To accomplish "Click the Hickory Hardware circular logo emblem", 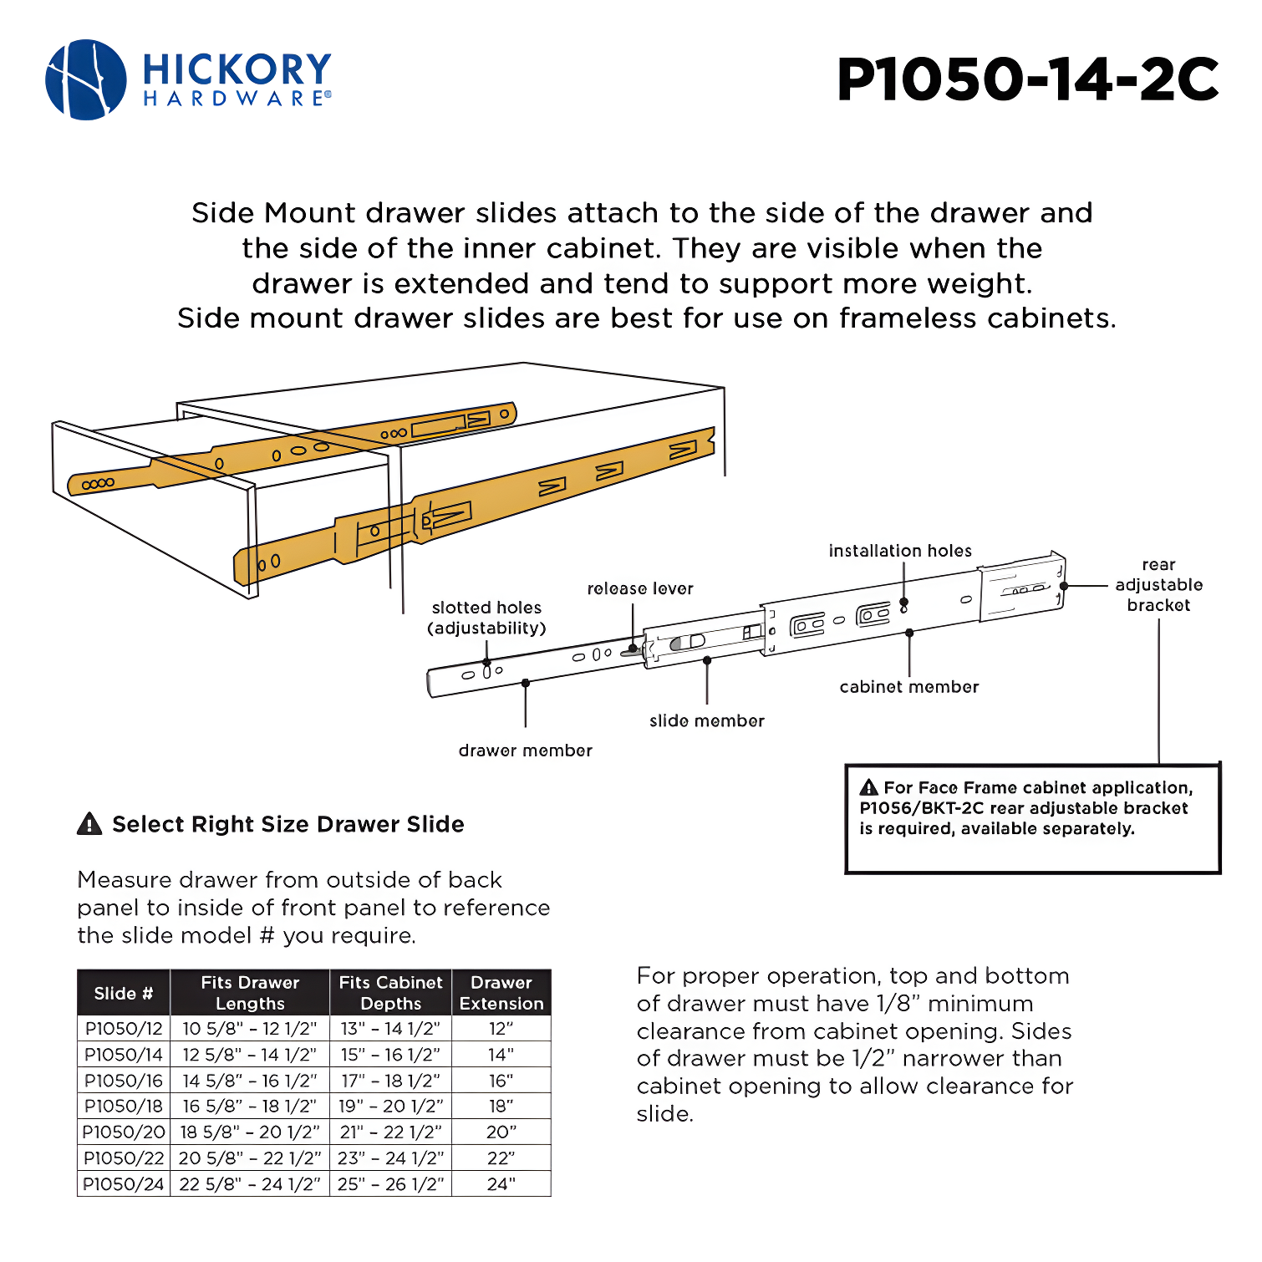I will tap(86, 79).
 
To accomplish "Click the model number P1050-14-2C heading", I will tap(1027, 80).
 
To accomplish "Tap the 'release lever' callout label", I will tap(640, 588).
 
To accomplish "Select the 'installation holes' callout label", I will tap(900, 551).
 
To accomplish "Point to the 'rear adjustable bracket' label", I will tap(1158, 585).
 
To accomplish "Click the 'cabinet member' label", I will tap(908, 687).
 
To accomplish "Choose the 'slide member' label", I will tap(706, 720).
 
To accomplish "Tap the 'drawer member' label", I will tap(525, 751).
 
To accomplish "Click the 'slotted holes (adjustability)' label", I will tap(486, 618).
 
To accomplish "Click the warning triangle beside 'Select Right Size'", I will tap(89, 824).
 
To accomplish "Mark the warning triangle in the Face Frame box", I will tap(869, 787).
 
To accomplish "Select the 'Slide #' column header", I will tap(124, 993).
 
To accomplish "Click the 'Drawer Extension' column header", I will tap(501, 993).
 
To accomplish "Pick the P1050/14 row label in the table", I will tap(124, 1055).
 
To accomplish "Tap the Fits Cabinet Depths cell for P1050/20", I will tap(390, 1132).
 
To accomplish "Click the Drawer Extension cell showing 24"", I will tap(501, 1184).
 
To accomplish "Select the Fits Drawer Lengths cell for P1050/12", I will tap(250, 1029).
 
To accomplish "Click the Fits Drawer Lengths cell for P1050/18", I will tap(250, 1107).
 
